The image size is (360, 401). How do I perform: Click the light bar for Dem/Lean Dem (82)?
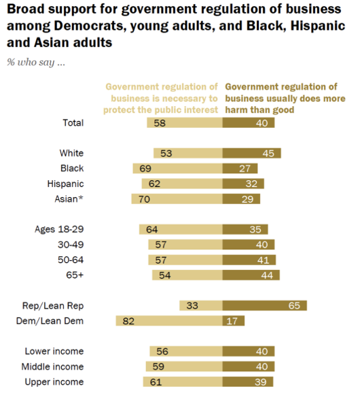pos(169,321)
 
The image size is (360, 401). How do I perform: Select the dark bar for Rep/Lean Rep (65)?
pos(265,305)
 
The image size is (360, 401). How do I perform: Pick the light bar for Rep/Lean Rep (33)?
pos(201,305)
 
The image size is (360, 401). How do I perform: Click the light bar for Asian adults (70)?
pos(177,198)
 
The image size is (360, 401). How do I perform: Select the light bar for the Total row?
pos(185,123)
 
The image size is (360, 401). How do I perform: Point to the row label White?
pos(71,153)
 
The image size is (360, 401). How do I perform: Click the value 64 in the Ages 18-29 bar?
pos(152,229)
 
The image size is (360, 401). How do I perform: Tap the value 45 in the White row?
pos(268,153)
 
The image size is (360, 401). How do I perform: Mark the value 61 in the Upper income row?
pos(156,382)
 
